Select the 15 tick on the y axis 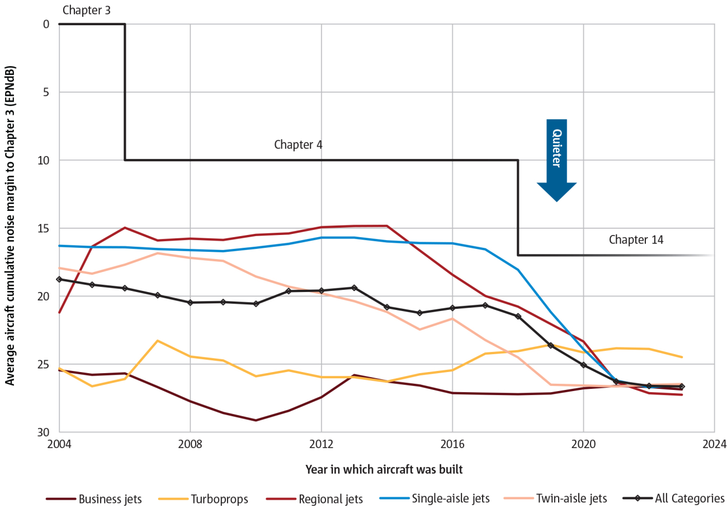click(44, 228)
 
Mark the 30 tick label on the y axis click(44, 432)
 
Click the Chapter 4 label click(298, 144)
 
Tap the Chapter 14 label click(636, 240)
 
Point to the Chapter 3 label click(86, 10)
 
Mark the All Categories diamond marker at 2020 click(583, 365)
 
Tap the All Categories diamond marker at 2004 click(59, 279)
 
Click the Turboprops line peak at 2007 click(158, 341)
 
